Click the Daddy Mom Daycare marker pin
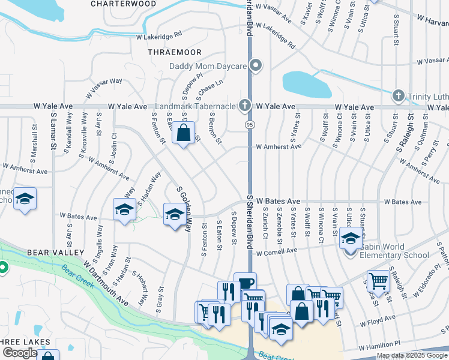256,65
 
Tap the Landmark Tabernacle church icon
244,106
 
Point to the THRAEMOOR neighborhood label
174,52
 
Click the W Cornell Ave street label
277,252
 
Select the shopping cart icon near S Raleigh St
378,280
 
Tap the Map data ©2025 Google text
412,355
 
